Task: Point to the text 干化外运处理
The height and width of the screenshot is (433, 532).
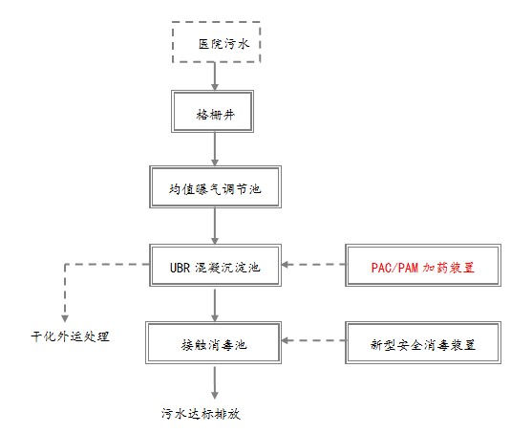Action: pyautogui.click(x=71, y=336)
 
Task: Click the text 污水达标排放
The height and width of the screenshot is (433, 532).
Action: pyautogui.click(x=201, y=414)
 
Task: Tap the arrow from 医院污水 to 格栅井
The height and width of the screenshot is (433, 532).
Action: pyautogui.click(x=215, y=76)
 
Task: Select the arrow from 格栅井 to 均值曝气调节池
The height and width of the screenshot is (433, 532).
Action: pyautogui.click(x=215, y=149)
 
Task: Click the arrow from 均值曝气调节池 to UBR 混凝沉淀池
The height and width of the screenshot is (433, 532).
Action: pyautogui.click(x=215, y=227)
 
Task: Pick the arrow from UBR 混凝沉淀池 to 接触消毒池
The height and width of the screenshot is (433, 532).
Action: pyautogui.click(x=215, y=305)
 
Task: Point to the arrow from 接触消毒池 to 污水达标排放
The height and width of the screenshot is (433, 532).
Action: pyautogui.click(x=215, y=382)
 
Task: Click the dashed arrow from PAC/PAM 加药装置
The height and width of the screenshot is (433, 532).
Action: pyautogui.click(x=313, y=264)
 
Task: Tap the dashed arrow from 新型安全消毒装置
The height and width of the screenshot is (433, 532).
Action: pyautogui.click(x=313, y=340)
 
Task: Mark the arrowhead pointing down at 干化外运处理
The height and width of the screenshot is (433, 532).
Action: pyautogui.click(x=65, y=318)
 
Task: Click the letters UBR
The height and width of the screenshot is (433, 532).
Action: pyautogui.click(x=180, y=268)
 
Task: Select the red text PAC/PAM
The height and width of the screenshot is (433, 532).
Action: pyautogui.click(x=394, y=268)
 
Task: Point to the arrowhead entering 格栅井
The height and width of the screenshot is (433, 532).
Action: pyautogui.click(x=215, y=87)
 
